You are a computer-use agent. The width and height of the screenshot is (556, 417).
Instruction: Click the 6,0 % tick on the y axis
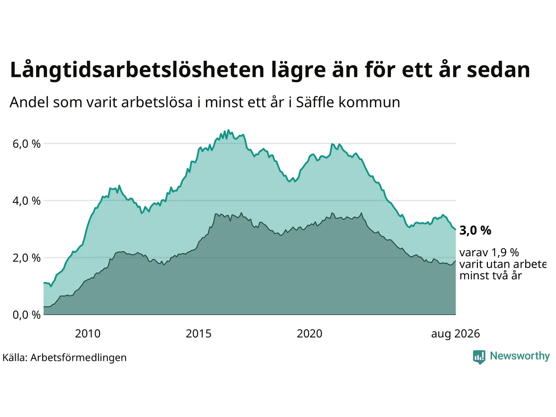tap(26, 144)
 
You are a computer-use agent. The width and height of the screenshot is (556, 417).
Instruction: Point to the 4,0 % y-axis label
tap(26, 201)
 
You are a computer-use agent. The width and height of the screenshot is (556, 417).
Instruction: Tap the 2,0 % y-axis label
tap(26, 258)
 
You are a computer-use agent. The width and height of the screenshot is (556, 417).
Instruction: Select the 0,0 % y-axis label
tap(26, 315)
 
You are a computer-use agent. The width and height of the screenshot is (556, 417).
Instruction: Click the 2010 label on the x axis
tap(88, 334)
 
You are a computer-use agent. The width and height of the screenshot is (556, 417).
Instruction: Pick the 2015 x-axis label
tap(199, 334)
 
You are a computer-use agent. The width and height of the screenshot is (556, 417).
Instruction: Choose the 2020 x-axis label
tap(310, 334)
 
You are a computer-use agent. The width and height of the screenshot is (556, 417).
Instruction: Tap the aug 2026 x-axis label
tap(455, 334)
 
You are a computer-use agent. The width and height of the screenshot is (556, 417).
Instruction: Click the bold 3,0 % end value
tap(475, 230)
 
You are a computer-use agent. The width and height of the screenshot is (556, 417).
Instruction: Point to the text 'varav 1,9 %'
tap(489, 252)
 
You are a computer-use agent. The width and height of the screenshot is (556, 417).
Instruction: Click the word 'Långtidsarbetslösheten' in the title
tap(137, 70)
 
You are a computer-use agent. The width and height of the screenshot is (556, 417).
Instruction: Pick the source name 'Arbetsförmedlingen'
tap(79, 358)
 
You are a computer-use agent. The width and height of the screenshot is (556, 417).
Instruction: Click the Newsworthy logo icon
tap(479, 357)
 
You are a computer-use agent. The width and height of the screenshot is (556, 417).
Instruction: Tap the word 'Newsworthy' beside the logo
tap(520, 356)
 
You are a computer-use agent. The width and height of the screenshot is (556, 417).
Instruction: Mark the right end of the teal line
tap(455, 229)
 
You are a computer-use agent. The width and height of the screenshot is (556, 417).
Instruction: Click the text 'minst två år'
tap(491, 276)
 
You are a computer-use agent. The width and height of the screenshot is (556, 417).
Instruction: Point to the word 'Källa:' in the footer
tap(15, 357)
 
